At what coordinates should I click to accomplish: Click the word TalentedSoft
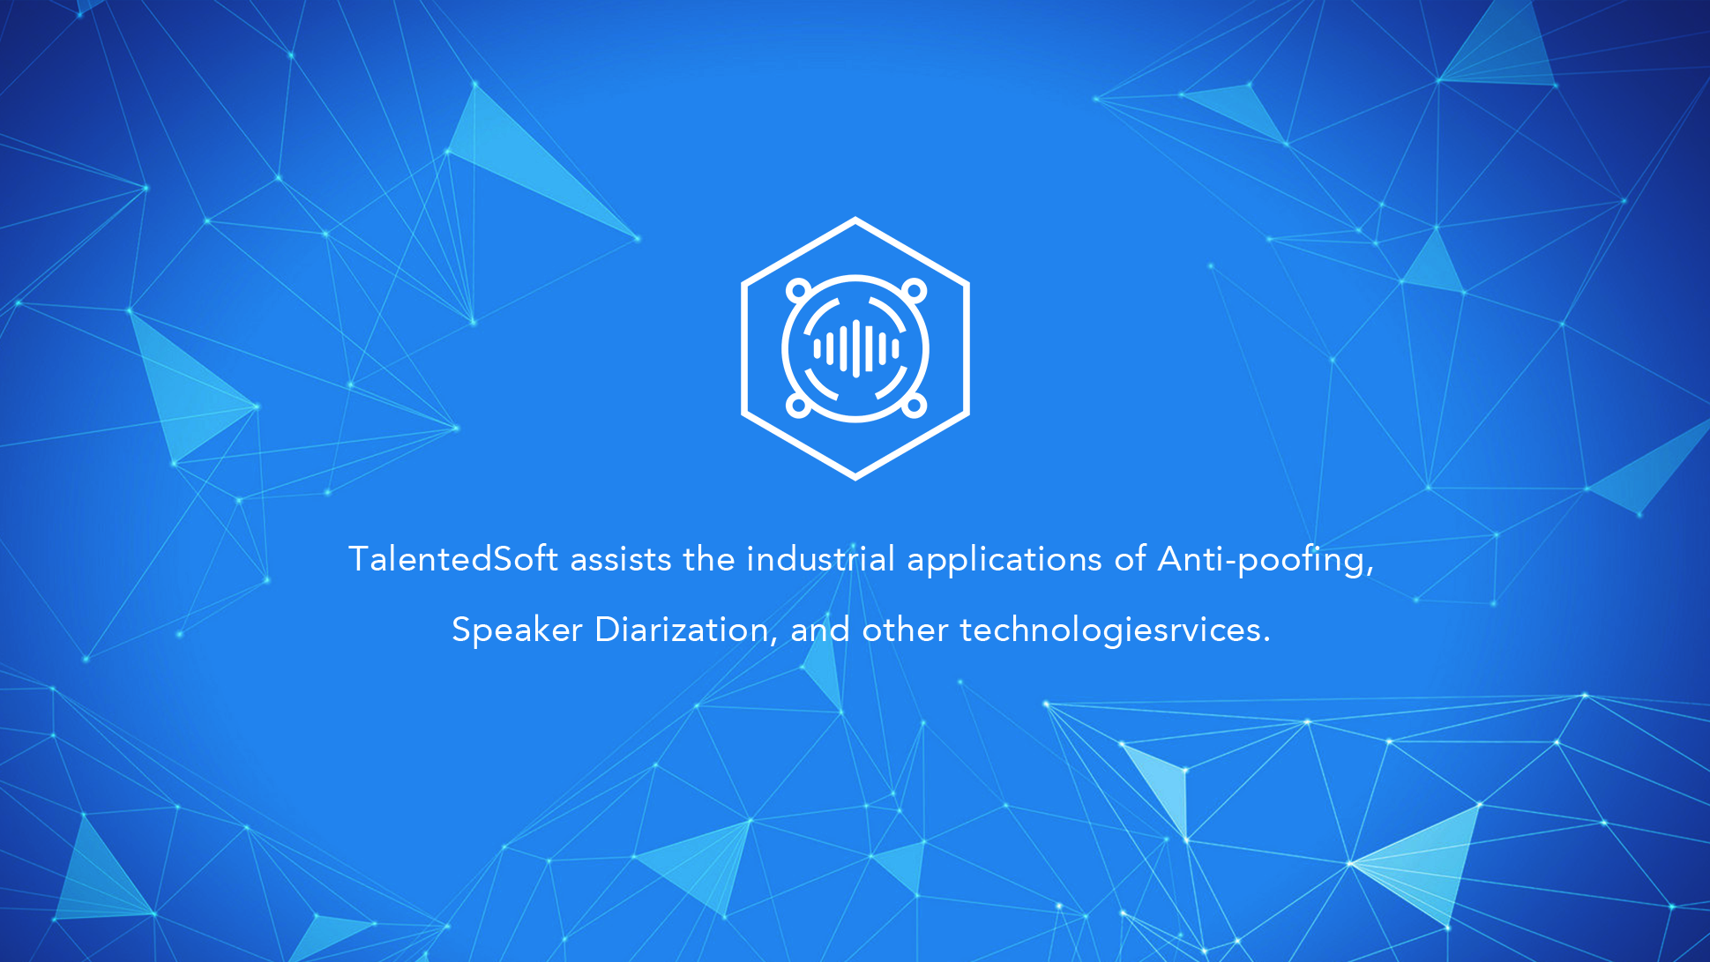pos(453,559)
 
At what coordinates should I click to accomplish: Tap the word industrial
pos(821,559)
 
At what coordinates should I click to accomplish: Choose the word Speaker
pos(517,630)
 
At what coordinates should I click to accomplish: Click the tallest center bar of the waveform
pos(855,348)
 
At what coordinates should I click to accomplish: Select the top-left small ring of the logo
pos(798,290)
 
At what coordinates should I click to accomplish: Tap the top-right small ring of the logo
pos(914,290)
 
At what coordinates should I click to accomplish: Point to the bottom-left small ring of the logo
pos(798,406)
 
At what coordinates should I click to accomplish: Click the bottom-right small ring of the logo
pos(914,406)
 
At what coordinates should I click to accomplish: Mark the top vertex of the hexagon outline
pos(855,220)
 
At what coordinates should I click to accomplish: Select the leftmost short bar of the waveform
pos(817,348)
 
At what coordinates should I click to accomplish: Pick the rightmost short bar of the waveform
pos(895,348)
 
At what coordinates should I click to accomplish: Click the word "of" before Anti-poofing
pos(1130,559)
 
